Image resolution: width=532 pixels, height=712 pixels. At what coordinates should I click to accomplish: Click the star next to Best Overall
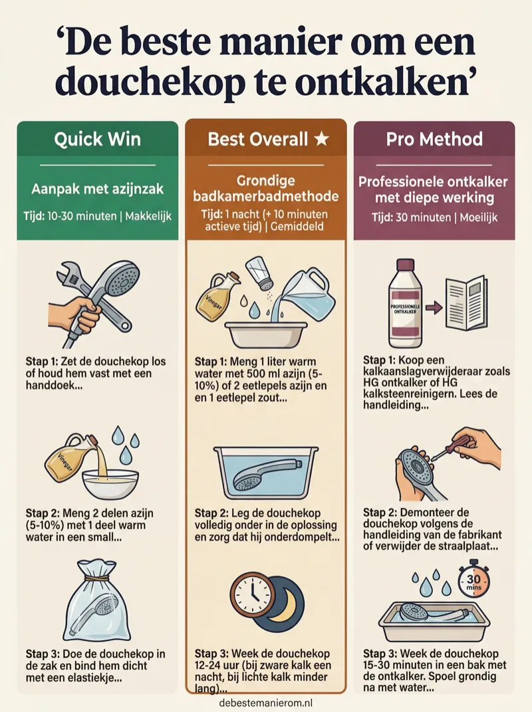(322, 139)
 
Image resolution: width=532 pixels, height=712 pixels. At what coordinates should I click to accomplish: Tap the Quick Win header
(97, 139)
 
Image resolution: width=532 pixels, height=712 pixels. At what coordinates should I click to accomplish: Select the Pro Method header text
(434, 139)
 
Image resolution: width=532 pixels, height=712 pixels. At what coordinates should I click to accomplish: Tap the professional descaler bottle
(406, 303)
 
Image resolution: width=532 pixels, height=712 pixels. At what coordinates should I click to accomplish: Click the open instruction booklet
(467, 303)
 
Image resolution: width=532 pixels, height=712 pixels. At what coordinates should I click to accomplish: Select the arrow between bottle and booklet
(434, 308)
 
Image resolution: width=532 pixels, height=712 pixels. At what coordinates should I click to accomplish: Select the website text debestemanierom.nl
(266, 703)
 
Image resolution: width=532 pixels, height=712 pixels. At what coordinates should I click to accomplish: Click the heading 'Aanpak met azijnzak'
(97, 189)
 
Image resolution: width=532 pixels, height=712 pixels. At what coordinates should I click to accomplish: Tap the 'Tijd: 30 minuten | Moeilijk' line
(434, 217)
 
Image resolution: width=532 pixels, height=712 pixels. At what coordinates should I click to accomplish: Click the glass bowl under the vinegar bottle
(110, 483)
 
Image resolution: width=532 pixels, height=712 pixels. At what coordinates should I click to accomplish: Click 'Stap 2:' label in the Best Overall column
(211, 513)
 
